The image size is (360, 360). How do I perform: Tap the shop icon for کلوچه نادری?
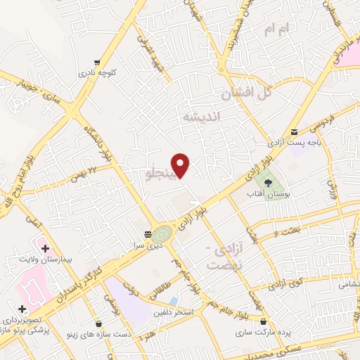pos(96,62)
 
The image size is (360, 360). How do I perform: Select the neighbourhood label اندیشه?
pos(201,117)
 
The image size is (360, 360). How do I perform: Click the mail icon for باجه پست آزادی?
pos(294,131)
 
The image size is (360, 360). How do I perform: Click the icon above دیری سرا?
pos(148,233)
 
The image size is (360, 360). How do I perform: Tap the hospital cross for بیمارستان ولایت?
pos(45,248)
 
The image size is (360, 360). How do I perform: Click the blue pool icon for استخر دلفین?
pos(173,301)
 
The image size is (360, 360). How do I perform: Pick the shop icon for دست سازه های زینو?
pos(99,324)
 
